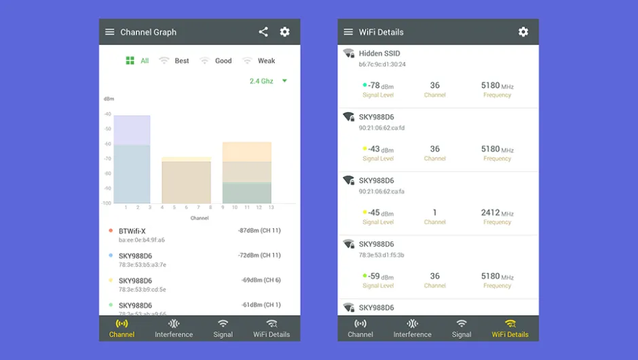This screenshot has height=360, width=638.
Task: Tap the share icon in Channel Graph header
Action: (x=263, y=32)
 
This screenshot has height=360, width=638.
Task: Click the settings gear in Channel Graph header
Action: (x=285, y=32)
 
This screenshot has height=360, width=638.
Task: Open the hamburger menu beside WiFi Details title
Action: (x=348, y=32)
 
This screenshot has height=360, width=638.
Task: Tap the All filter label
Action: (x=144, y=60)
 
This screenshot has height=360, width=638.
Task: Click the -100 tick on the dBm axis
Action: (x=107, y=203)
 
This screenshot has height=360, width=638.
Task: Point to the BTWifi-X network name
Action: (x=132, y=231)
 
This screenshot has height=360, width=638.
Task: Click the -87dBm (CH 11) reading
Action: (x=259, y=231)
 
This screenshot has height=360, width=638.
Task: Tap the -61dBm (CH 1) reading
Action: (x=261, y=305)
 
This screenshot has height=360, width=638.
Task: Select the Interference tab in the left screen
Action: (x=174, y=328)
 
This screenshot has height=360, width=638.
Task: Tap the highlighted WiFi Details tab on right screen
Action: (x=510, y=328)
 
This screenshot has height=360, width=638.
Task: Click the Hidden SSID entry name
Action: (x=379, y=54)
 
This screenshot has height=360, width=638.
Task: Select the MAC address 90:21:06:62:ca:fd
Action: (x=382, y=128)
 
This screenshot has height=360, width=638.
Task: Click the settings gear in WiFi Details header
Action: (x=523, y=32)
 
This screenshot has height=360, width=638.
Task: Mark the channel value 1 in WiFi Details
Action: (x=434, y=213)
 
